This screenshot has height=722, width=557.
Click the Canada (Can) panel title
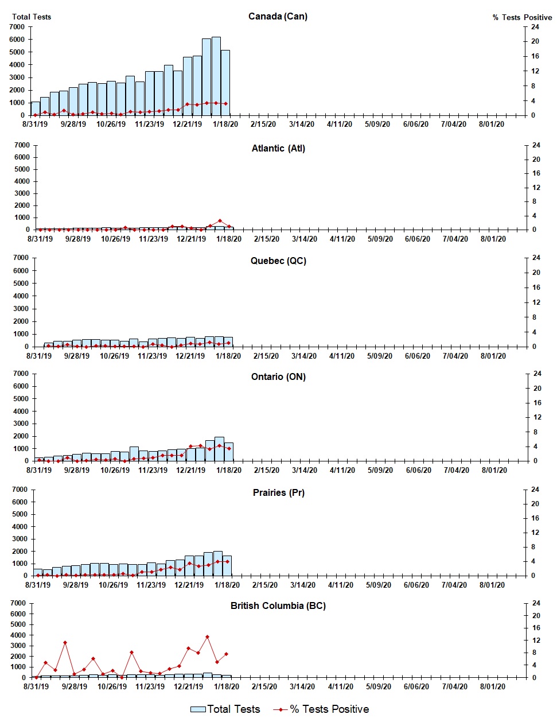click(x=278, y=16)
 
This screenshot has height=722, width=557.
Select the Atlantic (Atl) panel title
click(x=278, y=148)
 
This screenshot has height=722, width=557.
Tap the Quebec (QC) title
click(x=278, y=261)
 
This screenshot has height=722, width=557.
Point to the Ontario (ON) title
click(x=278, y=376)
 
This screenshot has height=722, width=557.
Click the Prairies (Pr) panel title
click(x=278, y=492)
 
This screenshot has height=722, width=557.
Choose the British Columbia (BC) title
click(x=278, y=605)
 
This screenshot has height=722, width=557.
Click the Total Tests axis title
click(x=32, y=17)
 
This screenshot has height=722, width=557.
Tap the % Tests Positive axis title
click(x=522, y=17)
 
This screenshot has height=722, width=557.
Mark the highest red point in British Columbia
click(x=207, y=636)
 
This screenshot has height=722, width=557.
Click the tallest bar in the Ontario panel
click(x=219, y=449)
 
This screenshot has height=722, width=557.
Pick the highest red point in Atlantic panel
click(x=220, y=221)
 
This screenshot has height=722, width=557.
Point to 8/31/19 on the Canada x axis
click(x=35, y=124)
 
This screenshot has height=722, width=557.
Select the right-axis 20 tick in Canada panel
click(x=535, y=41)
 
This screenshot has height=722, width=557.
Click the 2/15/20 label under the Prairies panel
click(x=264, y=585)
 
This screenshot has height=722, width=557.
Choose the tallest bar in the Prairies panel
click(x=218, y=563)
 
